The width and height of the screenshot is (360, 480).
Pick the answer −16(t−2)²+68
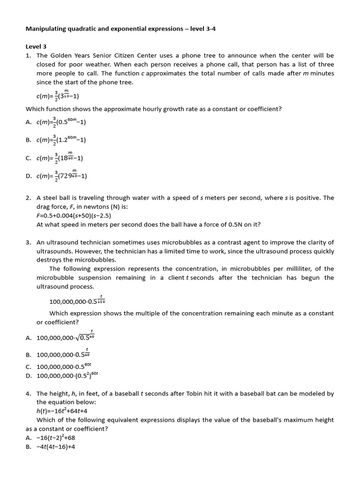(56, 438)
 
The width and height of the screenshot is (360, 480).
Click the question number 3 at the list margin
(28, 242)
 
